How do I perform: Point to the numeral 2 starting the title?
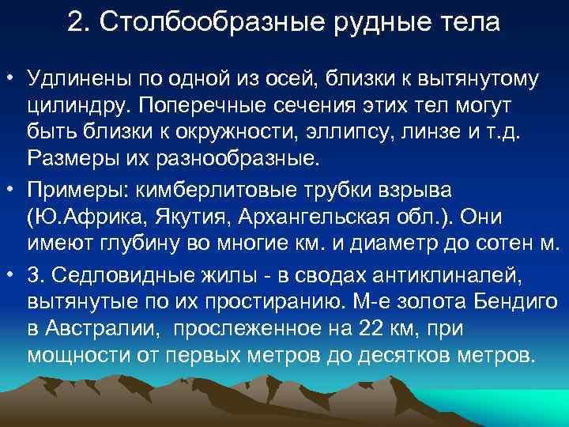point(75,22)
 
